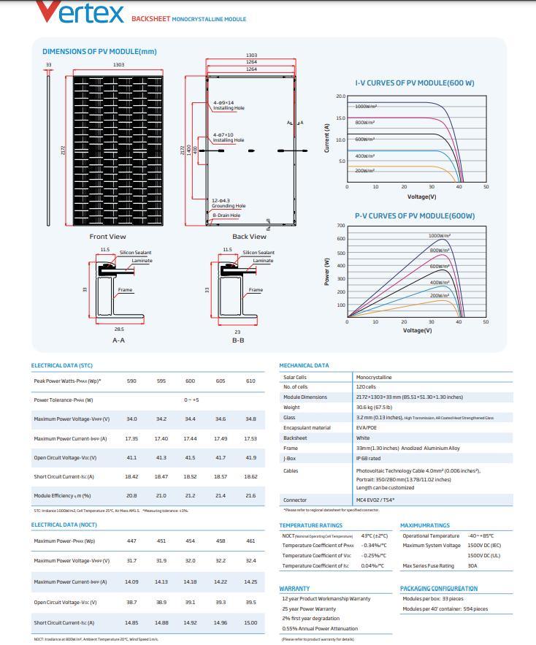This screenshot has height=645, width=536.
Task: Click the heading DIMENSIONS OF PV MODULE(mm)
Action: point(99,52)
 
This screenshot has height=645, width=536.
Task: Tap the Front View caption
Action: point(107,237)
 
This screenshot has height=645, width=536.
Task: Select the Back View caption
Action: point(249,237)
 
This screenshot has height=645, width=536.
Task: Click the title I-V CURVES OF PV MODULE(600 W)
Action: point(414,83)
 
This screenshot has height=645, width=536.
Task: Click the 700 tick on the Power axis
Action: point(340,226)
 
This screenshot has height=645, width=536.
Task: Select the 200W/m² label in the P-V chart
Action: point(439,296)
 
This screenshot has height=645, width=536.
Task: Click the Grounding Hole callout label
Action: point(229,206)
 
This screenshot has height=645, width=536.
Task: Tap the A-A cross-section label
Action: point(118,340)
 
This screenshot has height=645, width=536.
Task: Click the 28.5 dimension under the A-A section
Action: point(118,329)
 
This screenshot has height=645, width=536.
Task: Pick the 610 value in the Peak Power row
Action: point(250,381)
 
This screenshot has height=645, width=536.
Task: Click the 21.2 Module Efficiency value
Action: point(190,495)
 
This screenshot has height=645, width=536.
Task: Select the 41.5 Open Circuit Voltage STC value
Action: point(190,457)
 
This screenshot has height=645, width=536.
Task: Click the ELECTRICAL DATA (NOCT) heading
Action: point(64,524)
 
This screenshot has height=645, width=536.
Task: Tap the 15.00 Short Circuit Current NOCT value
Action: point(250,622)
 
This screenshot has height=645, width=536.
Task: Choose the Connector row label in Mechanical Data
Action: point(295,500)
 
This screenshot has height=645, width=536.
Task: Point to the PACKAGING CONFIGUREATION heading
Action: point(438,588)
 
